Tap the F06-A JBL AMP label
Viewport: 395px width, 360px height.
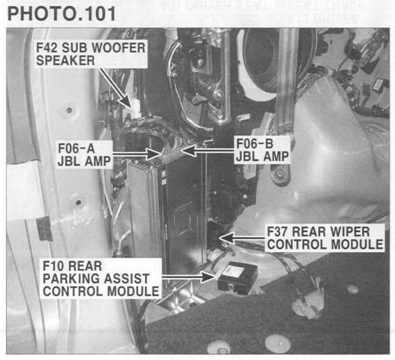coord(78,154)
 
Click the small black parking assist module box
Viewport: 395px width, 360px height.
coord(238,277)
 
